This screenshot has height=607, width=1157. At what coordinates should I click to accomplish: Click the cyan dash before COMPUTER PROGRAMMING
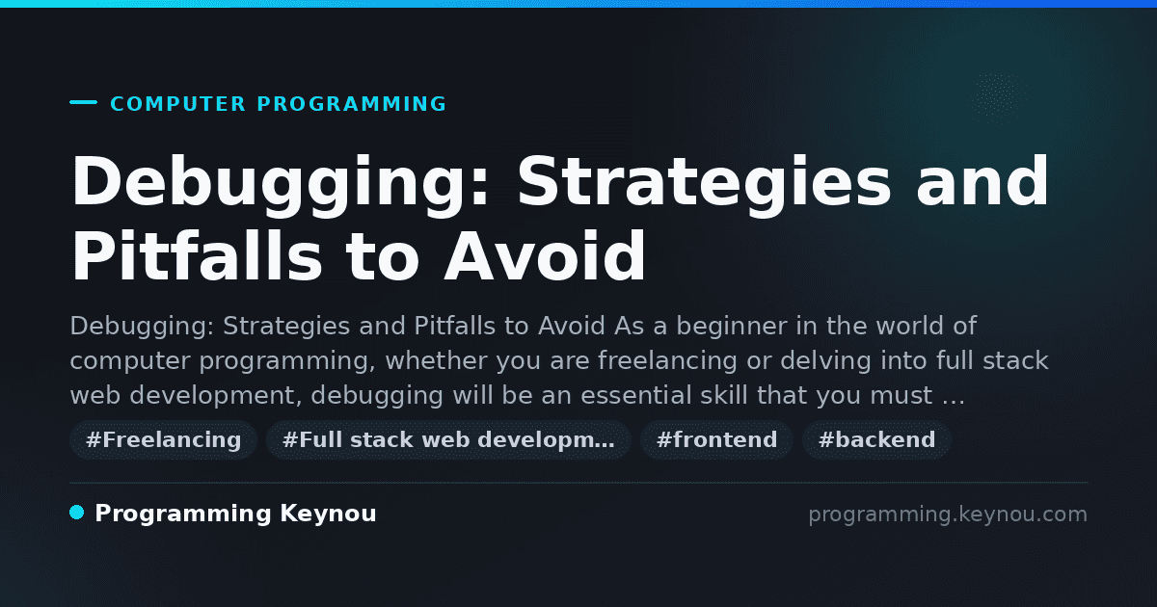tap(83, 102)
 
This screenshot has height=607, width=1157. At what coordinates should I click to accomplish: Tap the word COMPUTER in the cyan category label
tap(177, 104)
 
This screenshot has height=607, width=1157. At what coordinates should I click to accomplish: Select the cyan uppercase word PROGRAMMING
tap(351, 104)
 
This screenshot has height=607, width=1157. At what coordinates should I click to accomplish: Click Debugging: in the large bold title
tap(280, 184)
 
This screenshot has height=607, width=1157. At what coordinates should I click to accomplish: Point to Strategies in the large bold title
tap(705, 184)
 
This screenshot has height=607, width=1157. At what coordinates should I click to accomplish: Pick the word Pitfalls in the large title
tap(197, 255)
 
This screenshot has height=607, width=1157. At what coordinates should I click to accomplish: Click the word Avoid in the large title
tap(545, 255)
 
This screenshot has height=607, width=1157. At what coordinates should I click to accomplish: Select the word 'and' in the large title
tap(982, 182)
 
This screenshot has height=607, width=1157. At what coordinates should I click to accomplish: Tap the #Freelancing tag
tap(163, 439)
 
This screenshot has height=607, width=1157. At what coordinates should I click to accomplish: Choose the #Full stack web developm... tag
tap(448, 439)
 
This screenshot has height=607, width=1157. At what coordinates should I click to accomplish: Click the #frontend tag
tap(716, 439)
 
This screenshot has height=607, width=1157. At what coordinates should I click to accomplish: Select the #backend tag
tap(876, 439)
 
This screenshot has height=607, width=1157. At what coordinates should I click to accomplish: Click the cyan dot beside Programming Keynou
tap(77, 513)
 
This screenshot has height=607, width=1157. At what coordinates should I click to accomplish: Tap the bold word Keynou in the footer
tap(328, 515)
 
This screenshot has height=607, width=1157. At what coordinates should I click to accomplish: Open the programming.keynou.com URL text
tap(948, 515)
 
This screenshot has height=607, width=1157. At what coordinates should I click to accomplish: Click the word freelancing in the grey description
tap(667, 360)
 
